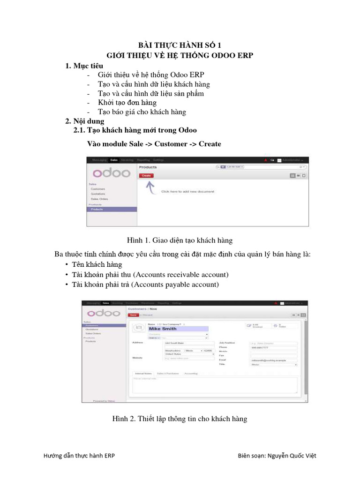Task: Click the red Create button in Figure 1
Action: tap(146, 175)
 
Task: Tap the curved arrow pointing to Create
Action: tap(150, 187)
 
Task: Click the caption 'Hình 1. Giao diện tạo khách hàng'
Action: tap(180, 240)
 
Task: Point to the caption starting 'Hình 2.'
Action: tap(180, 419)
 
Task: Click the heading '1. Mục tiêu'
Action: tap(84, 66)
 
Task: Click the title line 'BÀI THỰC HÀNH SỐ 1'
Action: tap(180, 45)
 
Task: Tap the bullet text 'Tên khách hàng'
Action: tap(97, 265)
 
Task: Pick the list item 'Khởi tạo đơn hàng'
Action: tap(127, 103)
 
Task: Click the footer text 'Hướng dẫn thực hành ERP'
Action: tap(78, 456)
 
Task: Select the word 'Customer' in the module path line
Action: tap(171, 144)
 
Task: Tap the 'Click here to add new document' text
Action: tap(187, 191)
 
